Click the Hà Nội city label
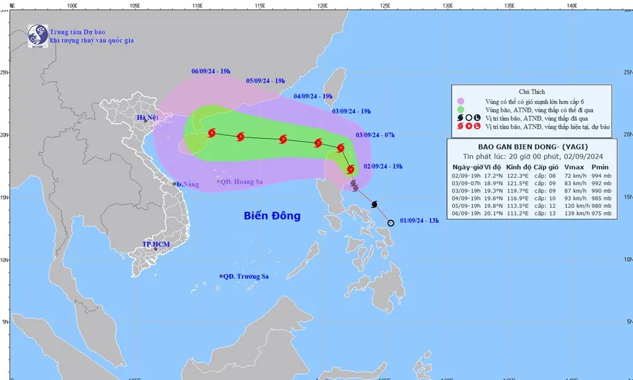click(148, 118)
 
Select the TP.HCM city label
click(156, 244)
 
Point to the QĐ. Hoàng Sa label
click(240, 181)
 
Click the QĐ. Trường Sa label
click(245, 276)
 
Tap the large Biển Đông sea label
click(272, 216)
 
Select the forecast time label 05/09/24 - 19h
click(265, 81)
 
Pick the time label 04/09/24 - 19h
click(313, 96)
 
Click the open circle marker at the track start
click(390, 223)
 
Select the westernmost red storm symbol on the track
click(212, 133)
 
